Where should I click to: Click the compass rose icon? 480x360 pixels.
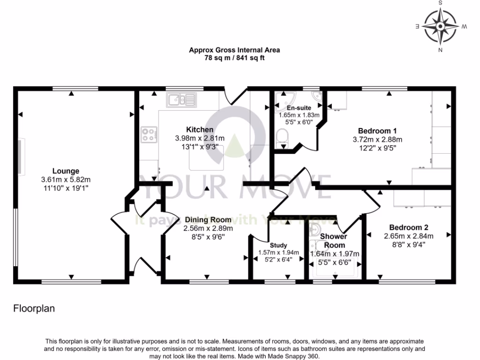click(440, 26)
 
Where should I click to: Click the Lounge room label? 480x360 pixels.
click(66, 171)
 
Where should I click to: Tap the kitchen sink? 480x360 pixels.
click(181, 99)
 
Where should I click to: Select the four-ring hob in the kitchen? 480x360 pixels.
click(148, 135)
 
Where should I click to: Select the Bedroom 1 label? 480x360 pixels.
click(377, 131)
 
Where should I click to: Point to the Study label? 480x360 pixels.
click(278, 245)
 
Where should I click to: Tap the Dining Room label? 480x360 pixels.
click(208, 220)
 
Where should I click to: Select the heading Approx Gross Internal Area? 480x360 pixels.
click(234, 50)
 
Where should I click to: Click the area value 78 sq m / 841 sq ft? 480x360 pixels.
click(234, 59)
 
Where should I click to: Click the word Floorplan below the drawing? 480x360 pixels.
click(34, 308)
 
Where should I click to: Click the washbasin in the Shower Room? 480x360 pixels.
click(315, 229)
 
